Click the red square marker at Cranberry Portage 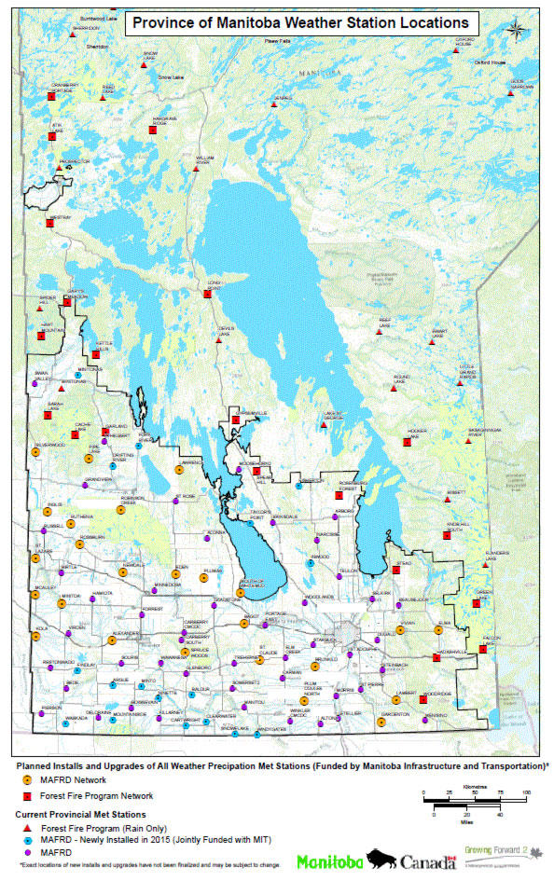point(51,96)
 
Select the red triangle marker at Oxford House point(455,49)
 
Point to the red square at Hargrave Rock point(152,133)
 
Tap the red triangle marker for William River point(196,169)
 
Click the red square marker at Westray point(50,223)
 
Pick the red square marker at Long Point point(207,294)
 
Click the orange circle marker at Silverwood point(35,451)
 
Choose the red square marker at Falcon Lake point(483,648)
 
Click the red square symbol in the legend point(28,796)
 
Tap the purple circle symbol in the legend point(28,851)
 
